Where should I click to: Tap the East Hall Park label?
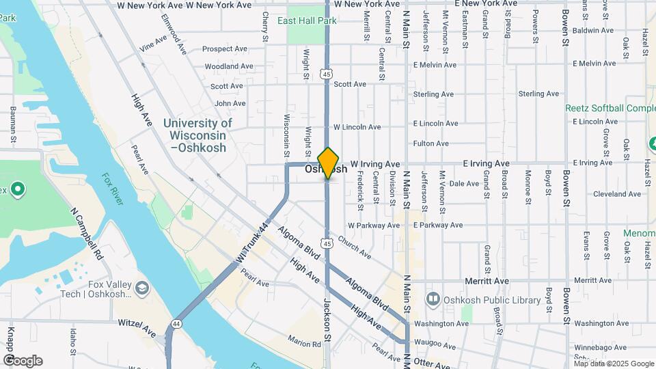(307, 21)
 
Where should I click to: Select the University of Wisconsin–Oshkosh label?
(197, 135)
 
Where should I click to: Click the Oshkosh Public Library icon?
(432, 299)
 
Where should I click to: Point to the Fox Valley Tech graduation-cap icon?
(142, 287)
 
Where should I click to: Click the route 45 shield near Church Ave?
(328, 243)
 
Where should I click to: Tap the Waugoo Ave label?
(435, 346)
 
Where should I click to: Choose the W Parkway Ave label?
(373, 225)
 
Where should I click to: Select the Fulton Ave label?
(430, 143)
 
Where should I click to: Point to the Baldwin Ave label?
(593, 31)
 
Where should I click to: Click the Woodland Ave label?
(228, 66)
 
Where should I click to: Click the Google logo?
(23, 361)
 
